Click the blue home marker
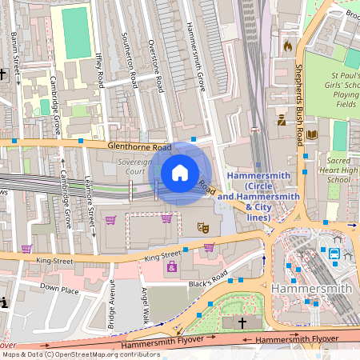click(x=179, y=173)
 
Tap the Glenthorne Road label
click(x=140, y=147)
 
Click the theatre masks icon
click(x=204, y=227)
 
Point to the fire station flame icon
click(x=288, y=46)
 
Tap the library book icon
click(x=312, y=135)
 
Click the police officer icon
click(x=282, y=121)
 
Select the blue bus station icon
click(x=334, y=254)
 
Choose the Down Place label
click(x=59, y=286)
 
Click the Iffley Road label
click(x=99, y=70)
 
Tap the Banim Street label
click(x=15, y=51)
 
